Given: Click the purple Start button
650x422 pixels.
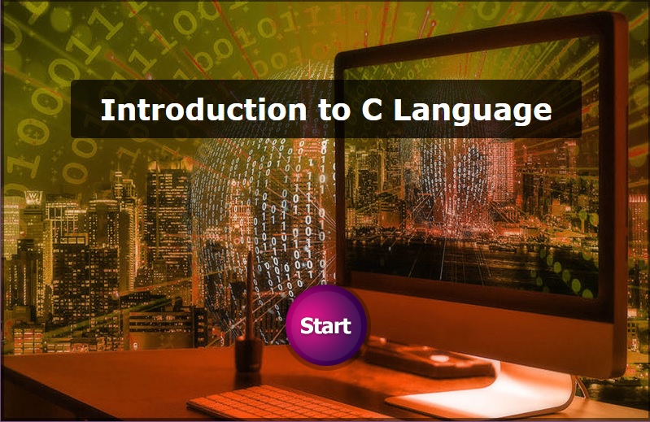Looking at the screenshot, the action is click(x=326, y=325).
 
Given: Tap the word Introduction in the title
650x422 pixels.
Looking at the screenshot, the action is click(x=203, y=110).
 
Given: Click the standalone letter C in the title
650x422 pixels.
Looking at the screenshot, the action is click(x=372, y=110).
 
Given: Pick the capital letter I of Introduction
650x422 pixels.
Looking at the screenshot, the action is click(x=106, y=110).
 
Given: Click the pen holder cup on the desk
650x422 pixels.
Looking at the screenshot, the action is click(x=249, y=355).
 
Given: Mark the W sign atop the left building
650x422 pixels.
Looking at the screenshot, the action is click(x=33, y=197).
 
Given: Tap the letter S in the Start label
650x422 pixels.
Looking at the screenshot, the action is click(x=308, y=326).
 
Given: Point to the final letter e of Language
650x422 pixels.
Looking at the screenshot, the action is click(x=543, y=113).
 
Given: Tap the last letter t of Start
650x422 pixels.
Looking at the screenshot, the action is click(x=346, y=326).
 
